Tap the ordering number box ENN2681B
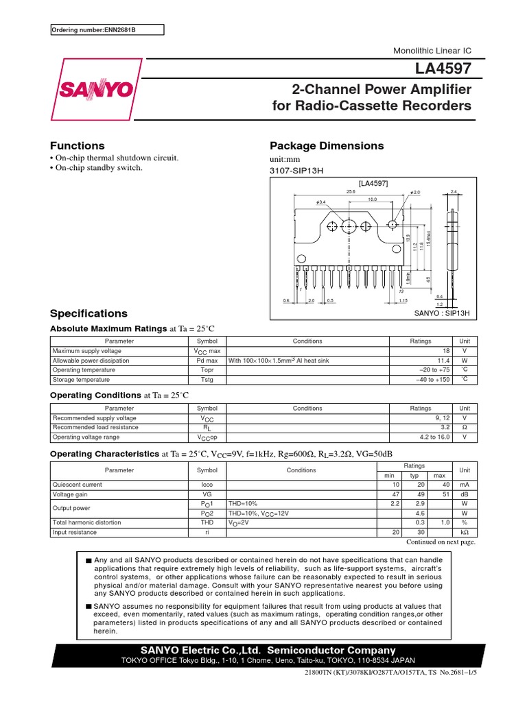pos(108,30)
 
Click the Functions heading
pos(78,145)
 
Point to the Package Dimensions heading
pos(327,145)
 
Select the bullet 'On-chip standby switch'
pos(99,168)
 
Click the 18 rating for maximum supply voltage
pos(445,350)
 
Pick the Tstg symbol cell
pos(207,379)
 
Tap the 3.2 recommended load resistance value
pos(444,427)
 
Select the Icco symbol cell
pos(207,484)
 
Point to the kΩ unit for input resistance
pos(465,532)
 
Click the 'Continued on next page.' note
pos(441,542)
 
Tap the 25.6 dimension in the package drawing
pos(351,192)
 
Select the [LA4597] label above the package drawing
pos(374,183)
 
